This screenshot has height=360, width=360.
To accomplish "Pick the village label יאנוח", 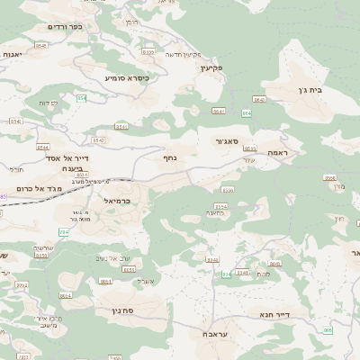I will click(13, 55).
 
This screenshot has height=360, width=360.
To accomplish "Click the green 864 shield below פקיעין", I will click(246, 112).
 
